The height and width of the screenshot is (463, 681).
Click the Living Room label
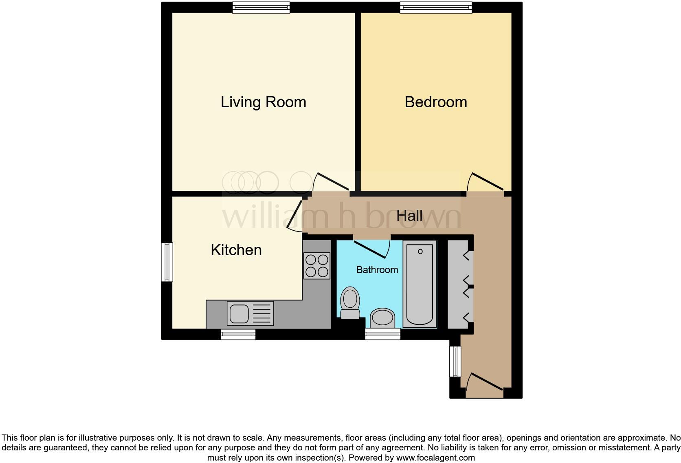pos(263,102)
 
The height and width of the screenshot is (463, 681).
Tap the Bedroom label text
pos(435,102)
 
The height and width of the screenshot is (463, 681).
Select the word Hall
pos(409,216)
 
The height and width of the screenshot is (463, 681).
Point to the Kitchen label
pos(236,250)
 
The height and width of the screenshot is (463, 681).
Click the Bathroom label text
pos(377,270)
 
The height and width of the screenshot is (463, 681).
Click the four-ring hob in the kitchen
pos(317,266)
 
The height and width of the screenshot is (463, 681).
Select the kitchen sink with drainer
pos(250,313)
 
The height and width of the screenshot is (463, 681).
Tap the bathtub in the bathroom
pos(420,284)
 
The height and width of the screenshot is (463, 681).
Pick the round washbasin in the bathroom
pos(382,318)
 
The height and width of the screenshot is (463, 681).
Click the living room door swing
pos(331,183)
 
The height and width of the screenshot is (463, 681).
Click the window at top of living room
pos(261,7)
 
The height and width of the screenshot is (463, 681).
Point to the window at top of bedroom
pos(436,7)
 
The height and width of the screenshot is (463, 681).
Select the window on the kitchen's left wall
pos(167,262)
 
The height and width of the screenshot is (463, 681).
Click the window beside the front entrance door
pos(455,362)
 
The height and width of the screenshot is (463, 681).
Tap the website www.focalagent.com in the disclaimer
pos(435,458)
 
